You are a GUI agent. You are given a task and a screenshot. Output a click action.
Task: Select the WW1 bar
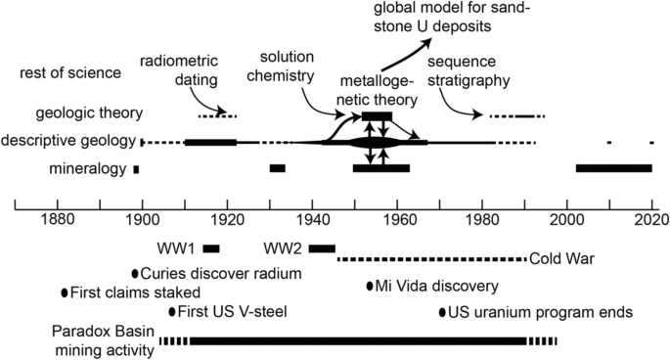click(211, 247)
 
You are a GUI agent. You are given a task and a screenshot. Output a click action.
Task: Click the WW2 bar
click(322, 247)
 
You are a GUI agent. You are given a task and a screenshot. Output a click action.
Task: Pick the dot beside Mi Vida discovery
click(370, 286)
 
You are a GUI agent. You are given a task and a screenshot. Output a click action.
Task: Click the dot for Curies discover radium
click(135, 274)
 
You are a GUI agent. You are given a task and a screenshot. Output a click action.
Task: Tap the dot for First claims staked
click(66, 292)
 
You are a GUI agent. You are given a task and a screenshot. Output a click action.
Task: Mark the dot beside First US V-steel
click(172, 312)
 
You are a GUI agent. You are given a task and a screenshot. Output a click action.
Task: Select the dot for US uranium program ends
click(441, 312)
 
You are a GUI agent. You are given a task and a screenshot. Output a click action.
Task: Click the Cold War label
click(561, 260)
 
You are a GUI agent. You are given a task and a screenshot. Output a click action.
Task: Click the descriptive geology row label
click(69, 142)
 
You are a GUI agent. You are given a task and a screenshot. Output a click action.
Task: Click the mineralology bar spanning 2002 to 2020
click(614, 169)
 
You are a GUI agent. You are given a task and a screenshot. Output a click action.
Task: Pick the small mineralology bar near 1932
click(278, 169)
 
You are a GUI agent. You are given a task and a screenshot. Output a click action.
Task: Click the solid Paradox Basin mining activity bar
click(358, 340)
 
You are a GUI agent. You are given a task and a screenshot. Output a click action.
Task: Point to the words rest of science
click(68, 71)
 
